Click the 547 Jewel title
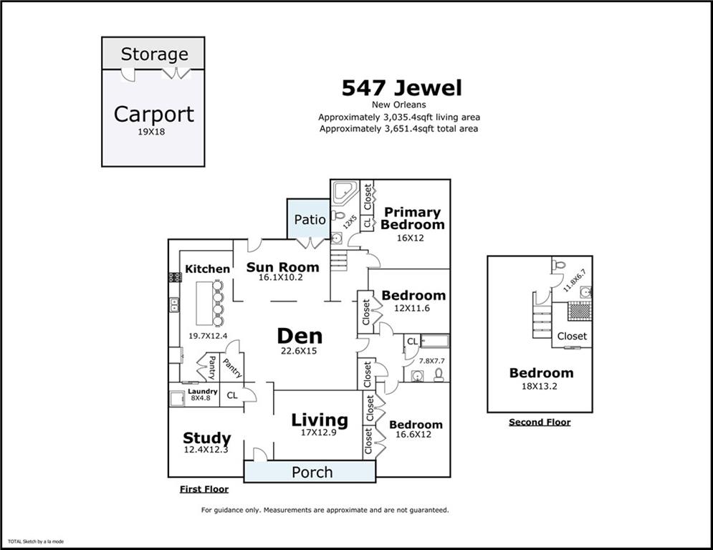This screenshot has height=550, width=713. tap(402, 87)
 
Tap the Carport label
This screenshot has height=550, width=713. tap(153, 114)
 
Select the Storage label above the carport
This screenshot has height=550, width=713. tap(155, 54)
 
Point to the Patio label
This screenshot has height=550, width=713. tap(310, 220)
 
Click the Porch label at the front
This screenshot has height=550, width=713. tap(312, 472)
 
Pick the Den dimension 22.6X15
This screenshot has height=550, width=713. tap(300, 351)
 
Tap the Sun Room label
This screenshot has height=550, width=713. tap(282, 267)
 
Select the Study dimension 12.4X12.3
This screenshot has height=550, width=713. tap(206, 450)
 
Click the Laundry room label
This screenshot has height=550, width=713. tap(203, 391)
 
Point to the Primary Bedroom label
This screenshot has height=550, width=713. tap(413, 218)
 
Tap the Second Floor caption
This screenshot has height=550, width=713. tap(540, 422)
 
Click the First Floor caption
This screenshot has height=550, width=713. tap(204, 489)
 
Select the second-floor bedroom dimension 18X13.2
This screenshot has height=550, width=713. tap(540, 387)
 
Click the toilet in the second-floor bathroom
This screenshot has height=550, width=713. tap(560, 264)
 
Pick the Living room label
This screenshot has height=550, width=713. tap(320, 420)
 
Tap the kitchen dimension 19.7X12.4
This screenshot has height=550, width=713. tap(208, 336)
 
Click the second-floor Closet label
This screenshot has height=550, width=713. tap(572, 337)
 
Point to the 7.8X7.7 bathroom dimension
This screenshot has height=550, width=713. tap(431, 361)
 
